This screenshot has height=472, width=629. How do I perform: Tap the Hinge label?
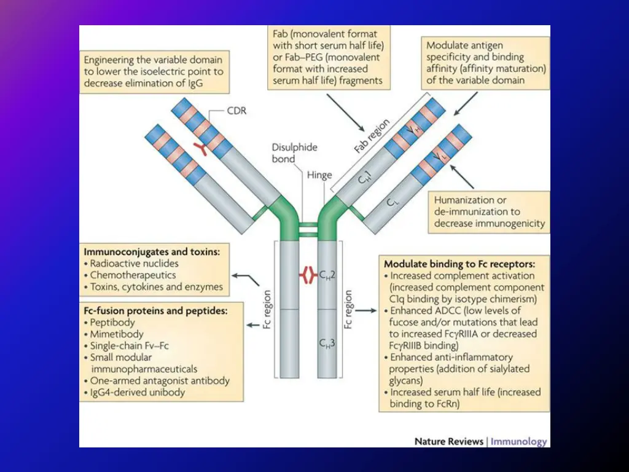tap(320, 175)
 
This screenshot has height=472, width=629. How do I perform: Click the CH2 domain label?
tap(327, 276)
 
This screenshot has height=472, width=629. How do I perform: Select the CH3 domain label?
tap(327, 342)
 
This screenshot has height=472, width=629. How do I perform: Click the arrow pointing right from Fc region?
tap(366, 311)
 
